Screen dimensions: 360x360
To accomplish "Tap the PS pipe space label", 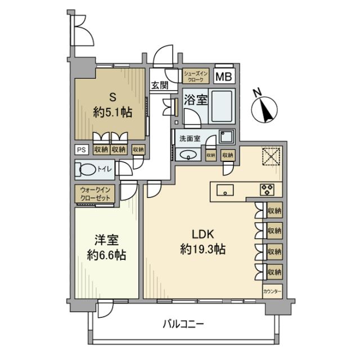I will click(81, 150).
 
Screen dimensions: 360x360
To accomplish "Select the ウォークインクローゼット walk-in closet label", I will click(96, 194).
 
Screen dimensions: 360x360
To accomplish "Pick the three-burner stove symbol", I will click(267, 190).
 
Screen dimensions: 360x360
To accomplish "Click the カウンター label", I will click(272, 292).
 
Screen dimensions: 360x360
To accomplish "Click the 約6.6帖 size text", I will click(106, 254).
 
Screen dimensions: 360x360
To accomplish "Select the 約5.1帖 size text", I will click(112, 112).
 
